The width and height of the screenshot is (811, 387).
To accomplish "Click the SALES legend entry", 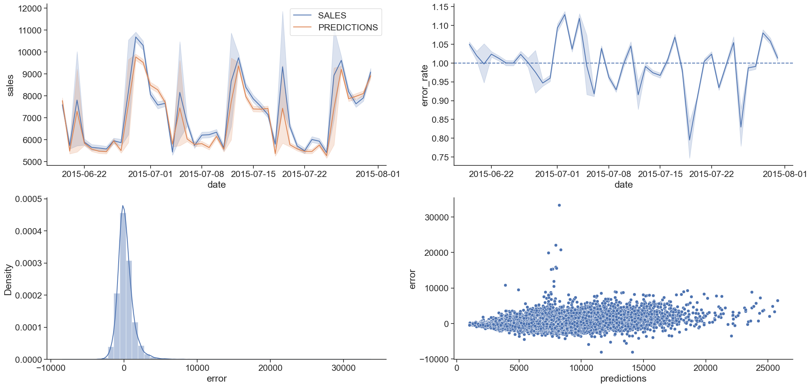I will tap(332, 15).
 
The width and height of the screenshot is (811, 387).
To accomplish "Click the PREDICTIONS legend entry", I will tap(347, 27).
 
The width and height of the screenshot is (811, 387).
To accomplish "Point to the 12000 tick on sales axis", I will tap(30, 8).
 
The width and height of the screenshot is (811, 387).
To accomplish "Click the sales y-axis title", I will tap(10, 85).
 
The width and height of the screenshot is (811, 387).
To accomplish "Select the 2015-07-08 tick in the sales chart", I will tap(201, 174).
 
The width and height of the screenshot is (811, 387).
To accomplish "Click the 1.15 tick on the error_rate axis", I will tap(440, 7).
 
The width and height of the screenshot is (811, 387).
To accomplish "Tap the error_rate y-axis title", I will tap(424, 85).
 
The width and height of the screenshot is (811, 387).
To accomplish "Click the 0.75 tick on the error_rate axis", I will tap(440, 157).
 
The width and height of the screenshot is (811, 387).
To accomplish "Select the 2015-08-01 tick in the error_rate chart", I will tap(784, 174).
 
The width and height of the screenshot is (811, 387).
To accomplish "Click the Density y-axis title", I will tap(8, 280).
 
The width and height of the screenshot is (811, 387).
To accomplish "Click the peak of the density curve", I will tap(123, 205).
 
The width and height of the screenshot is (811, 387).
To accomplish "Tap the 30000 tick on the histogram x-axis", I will tap(344, 368).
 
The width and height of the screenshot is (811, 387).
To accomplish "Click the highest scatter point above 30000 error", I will tap(559, 205).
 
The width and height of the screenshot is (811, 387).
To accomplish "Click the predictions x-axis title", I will tap(623, 379).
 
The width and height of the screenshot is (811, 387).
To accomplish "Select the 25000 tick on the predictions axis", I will tap(767, 368).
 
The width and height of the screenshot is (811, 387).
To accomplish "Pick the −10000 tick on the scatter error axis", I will tap(434, 359).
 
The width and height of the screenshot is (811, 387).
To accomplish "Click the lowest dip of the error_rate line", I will tap(689, 140).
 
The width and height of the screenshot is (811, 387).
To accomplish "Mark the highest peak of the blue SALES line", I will tap(136, 37).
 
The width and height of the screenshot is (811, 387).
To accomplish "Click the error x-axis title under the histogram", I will tap(216, 379).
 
